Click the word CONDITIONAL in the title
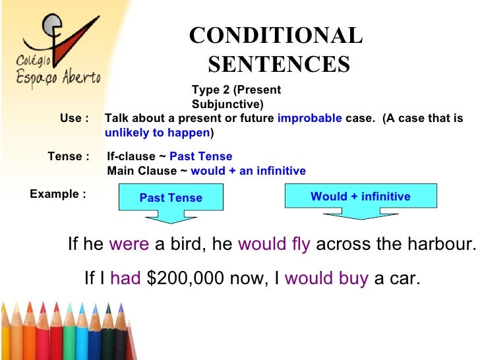click(x=276, y=36)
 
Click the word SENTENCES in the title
click(x=279, y=64)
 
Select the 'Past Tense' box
click(x=171, y=198)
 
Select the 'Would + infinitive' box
click(x=360, y=196)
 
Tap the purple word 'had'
click(x=126, y=278)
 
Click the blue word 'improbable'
click(x=309, y=119)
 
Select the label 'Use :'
click(x=74, y=119)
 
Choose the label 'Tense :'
click(x=69, y=157)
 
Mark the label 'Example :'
click(x=58, y=194)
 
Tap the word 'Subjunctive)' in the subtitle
click(x=227, y=104)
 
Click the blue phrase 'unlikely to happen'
click(x=157, y=133)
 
